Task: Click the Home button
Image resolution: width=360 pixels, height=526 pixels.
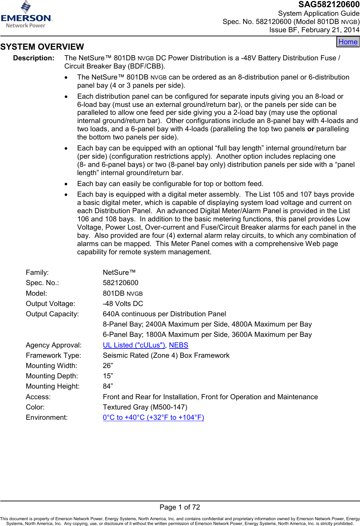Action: (x=348, y=42)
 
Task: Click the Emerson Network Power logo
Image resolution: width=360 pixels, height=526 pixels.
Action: (x=26, y=15)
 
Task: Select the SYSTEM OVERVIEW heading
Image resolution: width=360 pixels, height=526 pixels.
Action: (x=42, y=47)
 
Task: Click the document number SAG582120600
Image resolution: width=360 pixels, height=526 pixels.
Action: (x=328, y=4)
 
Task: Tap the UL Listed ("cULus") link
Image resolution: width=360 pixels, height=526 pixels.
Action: (x=134, y=345)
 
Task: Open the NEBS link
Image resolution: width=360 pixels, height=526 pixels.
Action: (x=178, y=345)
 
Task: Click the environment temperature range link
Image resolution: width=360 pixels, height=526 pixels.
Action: (x=153, y=417)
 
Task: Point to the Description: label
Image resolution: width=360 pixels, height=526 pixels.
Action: (x=34, y=58)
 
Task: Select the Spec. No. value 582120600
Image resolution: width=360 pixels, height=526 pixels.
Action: (x=121, y=283)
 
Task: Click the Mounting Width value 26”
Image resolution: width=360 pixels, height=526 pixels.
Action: (x=108, y=366)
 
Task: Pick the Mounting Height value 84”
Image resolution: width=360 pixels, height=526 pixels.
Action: (x=108, y=386)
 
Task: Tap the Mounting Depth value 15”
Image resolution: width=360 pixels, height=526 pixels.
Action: (x=108, y=376)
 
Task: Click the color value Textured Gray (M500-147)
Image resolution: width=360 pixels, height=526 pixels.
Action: (x=145, y=407)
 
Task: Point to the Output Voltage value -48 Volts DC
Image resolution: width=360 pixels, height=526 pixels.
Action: (x=123, y=304)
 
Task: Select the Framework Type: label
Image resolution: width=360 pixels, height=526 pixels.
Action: (x=53, y=355)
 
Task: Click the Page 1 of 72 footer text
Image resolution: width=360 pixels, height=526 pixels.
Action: (x=179, y=507)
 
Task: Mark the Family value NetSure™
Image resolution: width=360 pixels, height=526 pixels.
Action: (x=119, y=272)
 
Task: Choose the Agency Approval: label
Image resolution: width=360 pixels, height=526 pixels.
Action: (x=54, y=345)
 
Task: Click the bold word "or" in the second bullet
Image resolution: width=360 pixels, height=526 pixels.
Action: (x=311, y=129)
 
